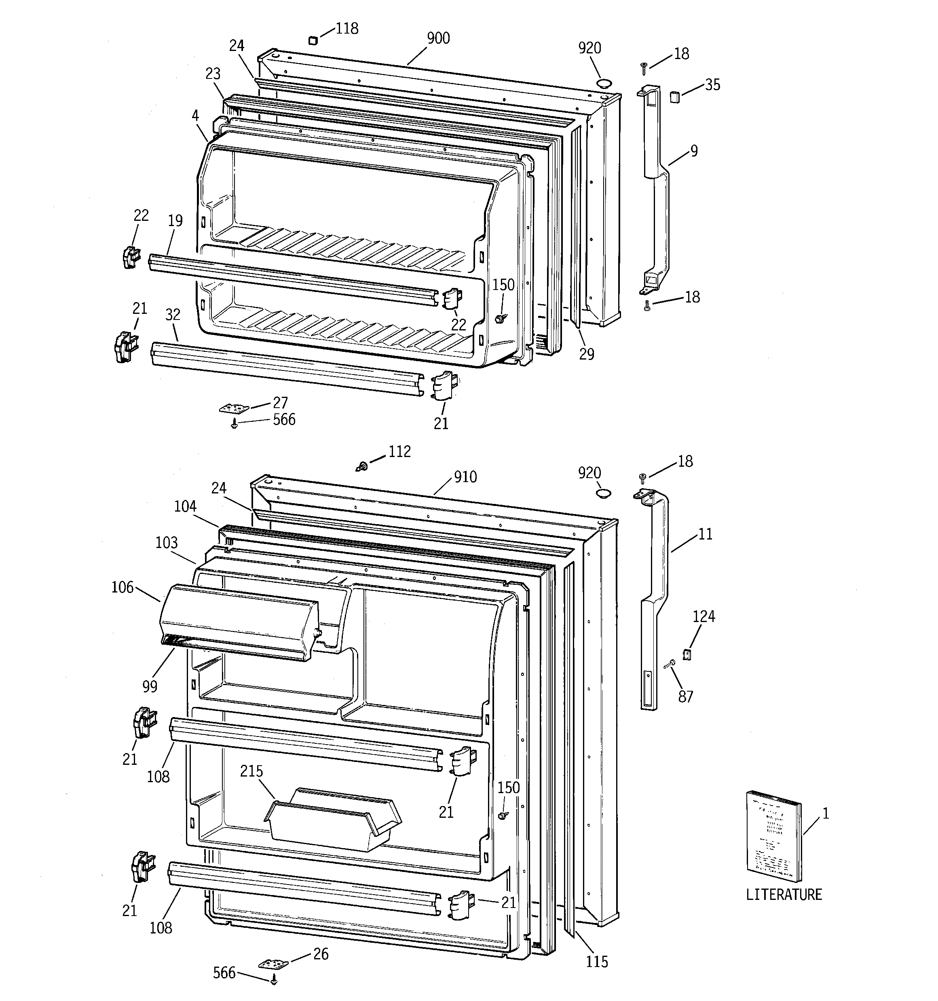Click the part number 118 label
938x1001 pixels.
(x=347, y=29)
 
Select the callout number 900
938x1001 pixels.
(x=438, y=38)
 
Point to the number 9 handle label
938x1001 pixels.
(x=694, y=150)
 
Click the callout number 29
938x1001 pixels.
(x=587, y=354)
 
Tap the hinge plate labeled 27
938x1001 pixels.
(x=234, y=408)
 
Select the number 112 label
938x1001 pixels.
(x=399, y=452)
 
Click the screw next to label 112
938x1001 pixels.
(x=361, y=467)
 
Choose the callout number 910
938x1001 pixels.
(x=465, y=477)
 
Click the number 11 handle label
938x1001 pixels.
(x=706, y=534)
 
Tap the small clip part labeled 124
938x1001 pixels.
(x=686, y=654)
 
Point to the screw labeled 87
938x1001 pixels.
(x=670, y=665)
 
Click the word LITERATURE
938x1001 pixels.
(x=784, y=894)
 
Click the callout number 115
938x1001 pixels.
(x=597, y=962)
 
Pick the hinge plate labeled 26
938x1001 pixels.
(x=273, y=964)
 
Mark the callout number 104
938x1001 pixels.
(x=185, y=506)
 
